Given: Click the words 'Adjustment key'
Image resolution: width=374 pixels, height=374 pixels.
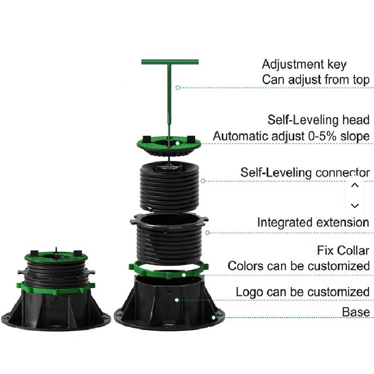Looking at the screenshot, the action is (x=304, y=65).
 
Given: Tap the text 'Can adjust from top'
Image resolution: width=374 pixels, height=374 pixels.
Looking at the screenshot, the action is (x=316, y=79).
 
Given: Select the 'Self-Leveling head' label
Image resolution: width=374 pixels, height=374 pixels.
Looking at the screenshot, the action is (x=318, y=120).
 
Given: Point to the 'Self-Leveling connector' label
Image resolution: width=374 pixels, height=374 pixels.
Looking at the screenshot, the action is (x=305, y=173).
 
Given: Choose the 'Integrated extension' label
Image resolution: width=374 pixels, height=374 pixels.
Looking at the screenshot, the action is (x=313, y=223).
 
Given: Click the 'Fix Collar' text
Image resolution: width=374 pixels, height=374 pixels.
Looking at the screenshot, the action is (x=343, y=251).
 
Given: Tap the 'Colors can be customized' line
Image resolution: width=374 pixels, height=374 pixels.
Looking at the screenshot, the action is (x=299, y=266).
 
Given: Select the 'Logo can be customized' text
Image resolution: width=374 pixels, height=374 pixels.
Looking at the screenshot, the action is (x=302, y=292).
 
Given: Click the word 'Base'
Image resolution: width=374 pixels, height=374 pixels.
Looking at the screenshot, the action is (x=356, y=312).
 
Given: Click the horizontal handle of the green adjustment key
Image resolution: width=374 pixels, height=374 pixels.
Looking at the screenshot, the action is (x=170, y=62).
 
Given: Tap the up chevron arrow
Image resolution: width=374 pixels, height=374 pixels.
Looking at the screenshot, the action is (x=355, y=185).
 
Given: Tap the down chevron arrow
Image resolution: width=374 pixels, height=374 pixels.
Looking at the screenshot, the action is (x=355, y=206).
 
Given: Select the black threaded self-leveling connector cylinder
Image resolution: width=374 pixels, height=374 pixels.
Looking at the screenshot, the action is (x=169, y=187).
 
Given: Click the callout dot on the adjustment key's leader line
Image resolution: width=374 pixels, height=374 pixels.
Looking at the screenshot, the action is (x=178, y=87).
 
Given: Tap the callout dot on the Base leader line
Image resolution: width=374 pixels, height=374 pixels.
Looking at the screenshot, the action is (x=214, y=317).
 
